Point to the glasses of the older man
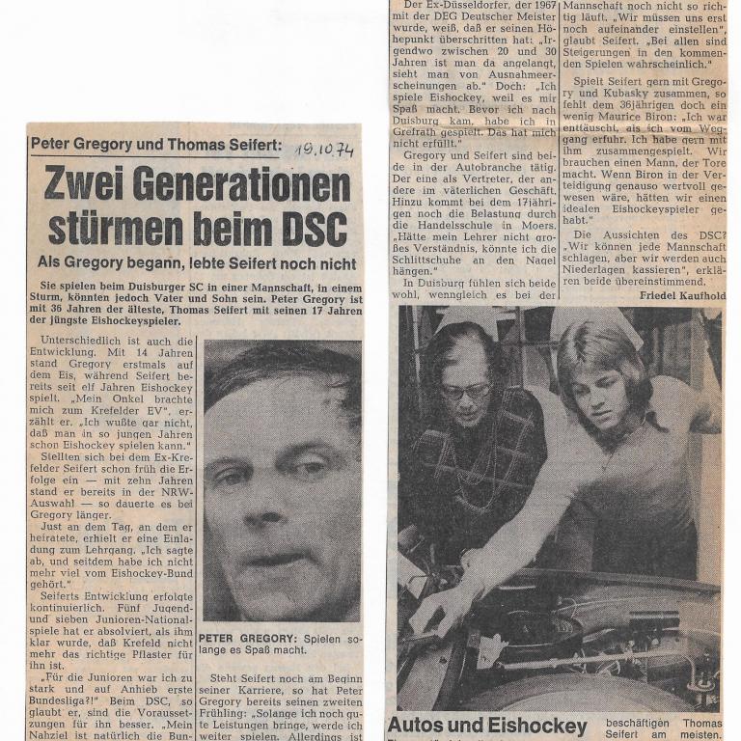[465, 391]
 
